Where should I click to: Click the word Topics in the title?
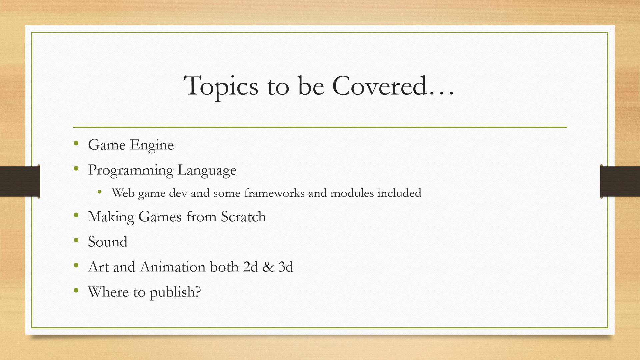point(221,86)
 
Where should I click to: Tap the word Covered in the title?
point(380,86)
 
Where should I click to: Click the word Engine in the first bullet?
point(152,145)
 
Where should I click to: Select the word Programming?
point(131,170)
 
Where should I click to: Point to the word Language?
point(207,170)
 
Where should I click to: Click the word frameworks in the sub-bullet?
point(274,193)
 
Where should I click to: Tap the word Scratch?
point(243,217)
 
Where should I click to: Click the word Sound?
point(108,242)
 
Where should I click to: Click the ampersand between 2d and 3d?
point(268,267)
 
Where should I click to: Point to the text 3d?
point(286,267)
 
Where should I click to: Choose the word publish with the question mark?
point(175,292)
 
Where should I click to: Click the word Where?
point(108,292)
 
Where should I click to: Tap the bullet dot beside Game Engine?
point(76,144)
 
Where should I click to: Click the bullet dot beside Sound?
point(76,240)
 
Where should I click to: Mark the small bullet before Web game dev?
point(99,192)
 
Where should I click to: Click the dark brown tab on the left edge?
point(20,181)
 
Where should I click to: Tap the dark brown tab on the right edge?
point(620,181)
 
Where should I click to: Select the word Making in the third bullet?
point(111,217)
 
